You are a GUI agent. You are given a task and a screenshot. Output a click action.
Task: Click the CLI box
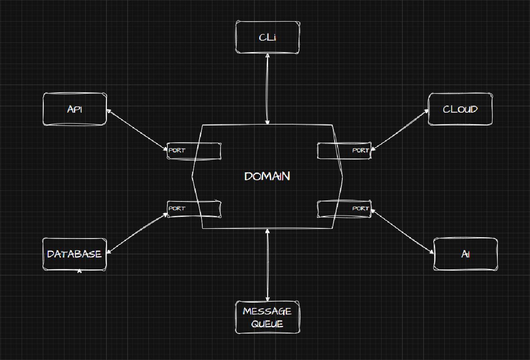(x=268, y=38)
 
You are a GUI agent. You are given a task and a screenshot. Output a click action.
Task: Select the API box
(x=75, y=109)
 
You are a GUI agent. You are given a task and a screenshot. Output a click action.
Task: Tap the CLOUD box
(x=460, y=109)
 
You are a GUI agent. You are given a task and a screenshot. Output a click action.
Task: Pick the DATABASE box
(x=75, y=254)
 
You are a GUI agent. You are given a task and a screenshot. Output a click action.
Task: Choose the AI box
(x=466, y=254)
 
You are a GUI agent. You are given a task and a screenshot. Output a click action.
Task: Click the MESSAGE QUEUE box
(x=268, y=317)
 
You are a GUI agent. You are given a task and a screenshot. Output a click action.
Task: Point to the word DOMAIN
(x=267, y=176)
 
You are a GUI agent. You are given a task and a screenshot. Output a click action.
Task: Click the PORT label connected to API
(x=177, y=150)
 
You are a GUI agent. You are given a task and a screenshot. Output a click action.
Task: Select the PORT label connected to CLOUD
(x=360, y=150)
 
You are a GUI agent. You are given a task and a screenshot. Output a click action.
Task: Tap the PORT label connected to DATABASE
(x=177, y=208)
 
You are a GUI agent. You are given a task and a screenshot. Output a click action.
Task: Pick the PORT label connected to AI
(x=360, y=208)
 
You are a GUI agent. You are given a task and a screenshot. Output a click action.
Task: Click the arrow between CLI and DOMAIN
(x=267, y=89)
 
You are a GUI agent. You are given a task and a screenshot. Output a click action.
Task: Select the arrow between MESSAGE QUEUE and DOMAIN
(x=268, y=265)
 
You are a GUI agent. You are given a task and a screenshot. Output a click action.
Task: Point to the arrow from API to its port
(x=137, y=130)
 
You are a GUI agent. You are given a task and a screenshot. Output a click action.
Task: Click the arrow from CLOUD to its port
(x=400, y=130)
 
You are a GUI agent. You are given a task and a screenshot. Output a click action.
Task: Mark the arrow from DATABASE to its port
(x=137, y=233)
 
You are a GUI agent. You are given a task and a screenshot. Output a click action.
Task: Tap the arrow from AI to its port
(x=402, y=232)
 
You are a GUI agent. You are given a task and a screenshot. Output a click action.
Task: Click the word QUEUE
(x=267, y=324)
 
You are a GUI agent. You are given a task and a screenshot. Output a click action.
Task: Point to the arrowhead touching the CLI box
(x=268, y=56)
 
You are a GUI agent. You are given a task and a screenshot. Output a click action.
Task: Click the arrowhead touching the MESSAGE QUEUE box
(x=268, y=299)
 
